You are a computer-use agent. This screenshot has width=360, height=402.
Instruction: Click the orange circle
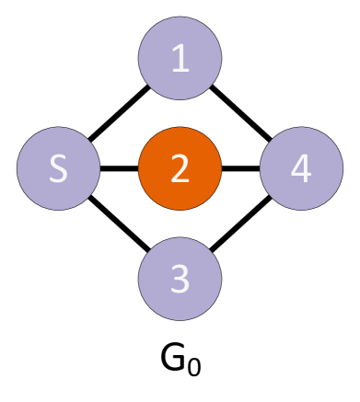pos(180,168)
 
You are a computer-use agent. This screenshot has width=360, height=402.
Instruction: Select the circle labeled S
pos(59,168)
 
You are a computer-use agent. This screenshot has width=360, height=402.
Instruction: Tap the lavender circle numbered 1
pos(180,58)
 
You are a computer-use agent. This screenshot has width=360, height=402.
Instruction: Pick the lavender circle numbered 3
pos(180,278)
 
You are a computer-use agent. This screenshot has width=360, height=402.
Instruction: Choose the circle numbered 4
pos(301,168)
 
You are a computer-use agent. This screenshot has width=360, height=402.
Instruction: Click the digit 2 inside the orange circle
pos(180,168)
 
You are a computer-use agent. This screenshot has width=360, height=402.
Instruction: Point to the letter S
pos(59,168)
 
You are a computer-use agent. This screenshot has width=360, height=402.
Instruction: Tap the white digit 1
pos(180,59)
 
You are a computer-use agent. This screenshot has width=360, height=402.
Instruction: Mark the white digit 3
pos(180,278)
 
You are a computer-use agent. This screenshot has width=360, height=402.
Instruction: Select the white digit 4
pos(301,168)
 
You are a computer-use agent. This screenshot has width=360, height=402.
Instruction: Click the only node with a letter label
pos(59,168)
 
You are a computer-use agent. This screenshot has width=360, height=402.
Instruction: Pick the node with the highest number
pos(301,168)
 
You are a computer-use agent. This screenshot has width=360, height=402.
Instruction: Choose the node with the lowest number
pos(180,58)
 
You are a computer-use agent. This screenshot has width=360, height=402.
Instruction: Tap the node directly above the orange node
pos(180,58)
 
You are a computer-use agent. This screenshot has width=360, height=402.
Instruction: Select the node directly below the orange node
pos(180,278)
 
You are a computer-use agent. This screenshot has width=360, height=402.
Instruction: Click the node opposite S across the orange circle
pos(301,168)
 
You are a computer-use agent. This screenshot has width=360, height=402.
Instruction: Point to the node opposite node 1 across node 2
pos(180,278)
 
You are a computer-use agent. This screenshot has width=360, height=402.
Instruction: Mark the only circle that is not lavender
pos(180,168)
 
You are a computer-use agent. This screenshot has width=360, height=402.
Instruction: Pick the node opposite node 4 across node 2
pos(59,168)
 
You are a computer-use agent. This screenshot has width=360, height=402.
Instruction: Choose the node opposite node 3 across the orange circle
pos(180,58)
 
